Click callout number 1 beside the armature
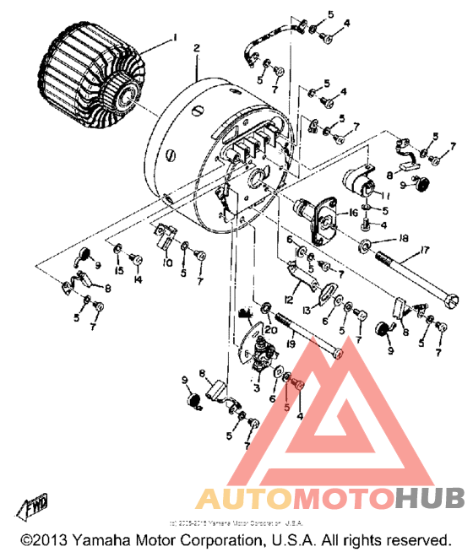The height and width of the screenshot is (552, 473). (176, 37)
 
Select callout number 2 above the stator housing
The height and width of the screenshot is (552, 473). (196, 49)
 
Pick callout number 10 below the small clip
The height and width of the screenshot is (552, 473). (167, 263)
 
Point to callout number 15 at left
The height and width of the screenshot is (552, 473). (119, 270)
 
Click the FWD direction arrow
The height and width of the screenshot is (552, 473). (36, 504)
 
